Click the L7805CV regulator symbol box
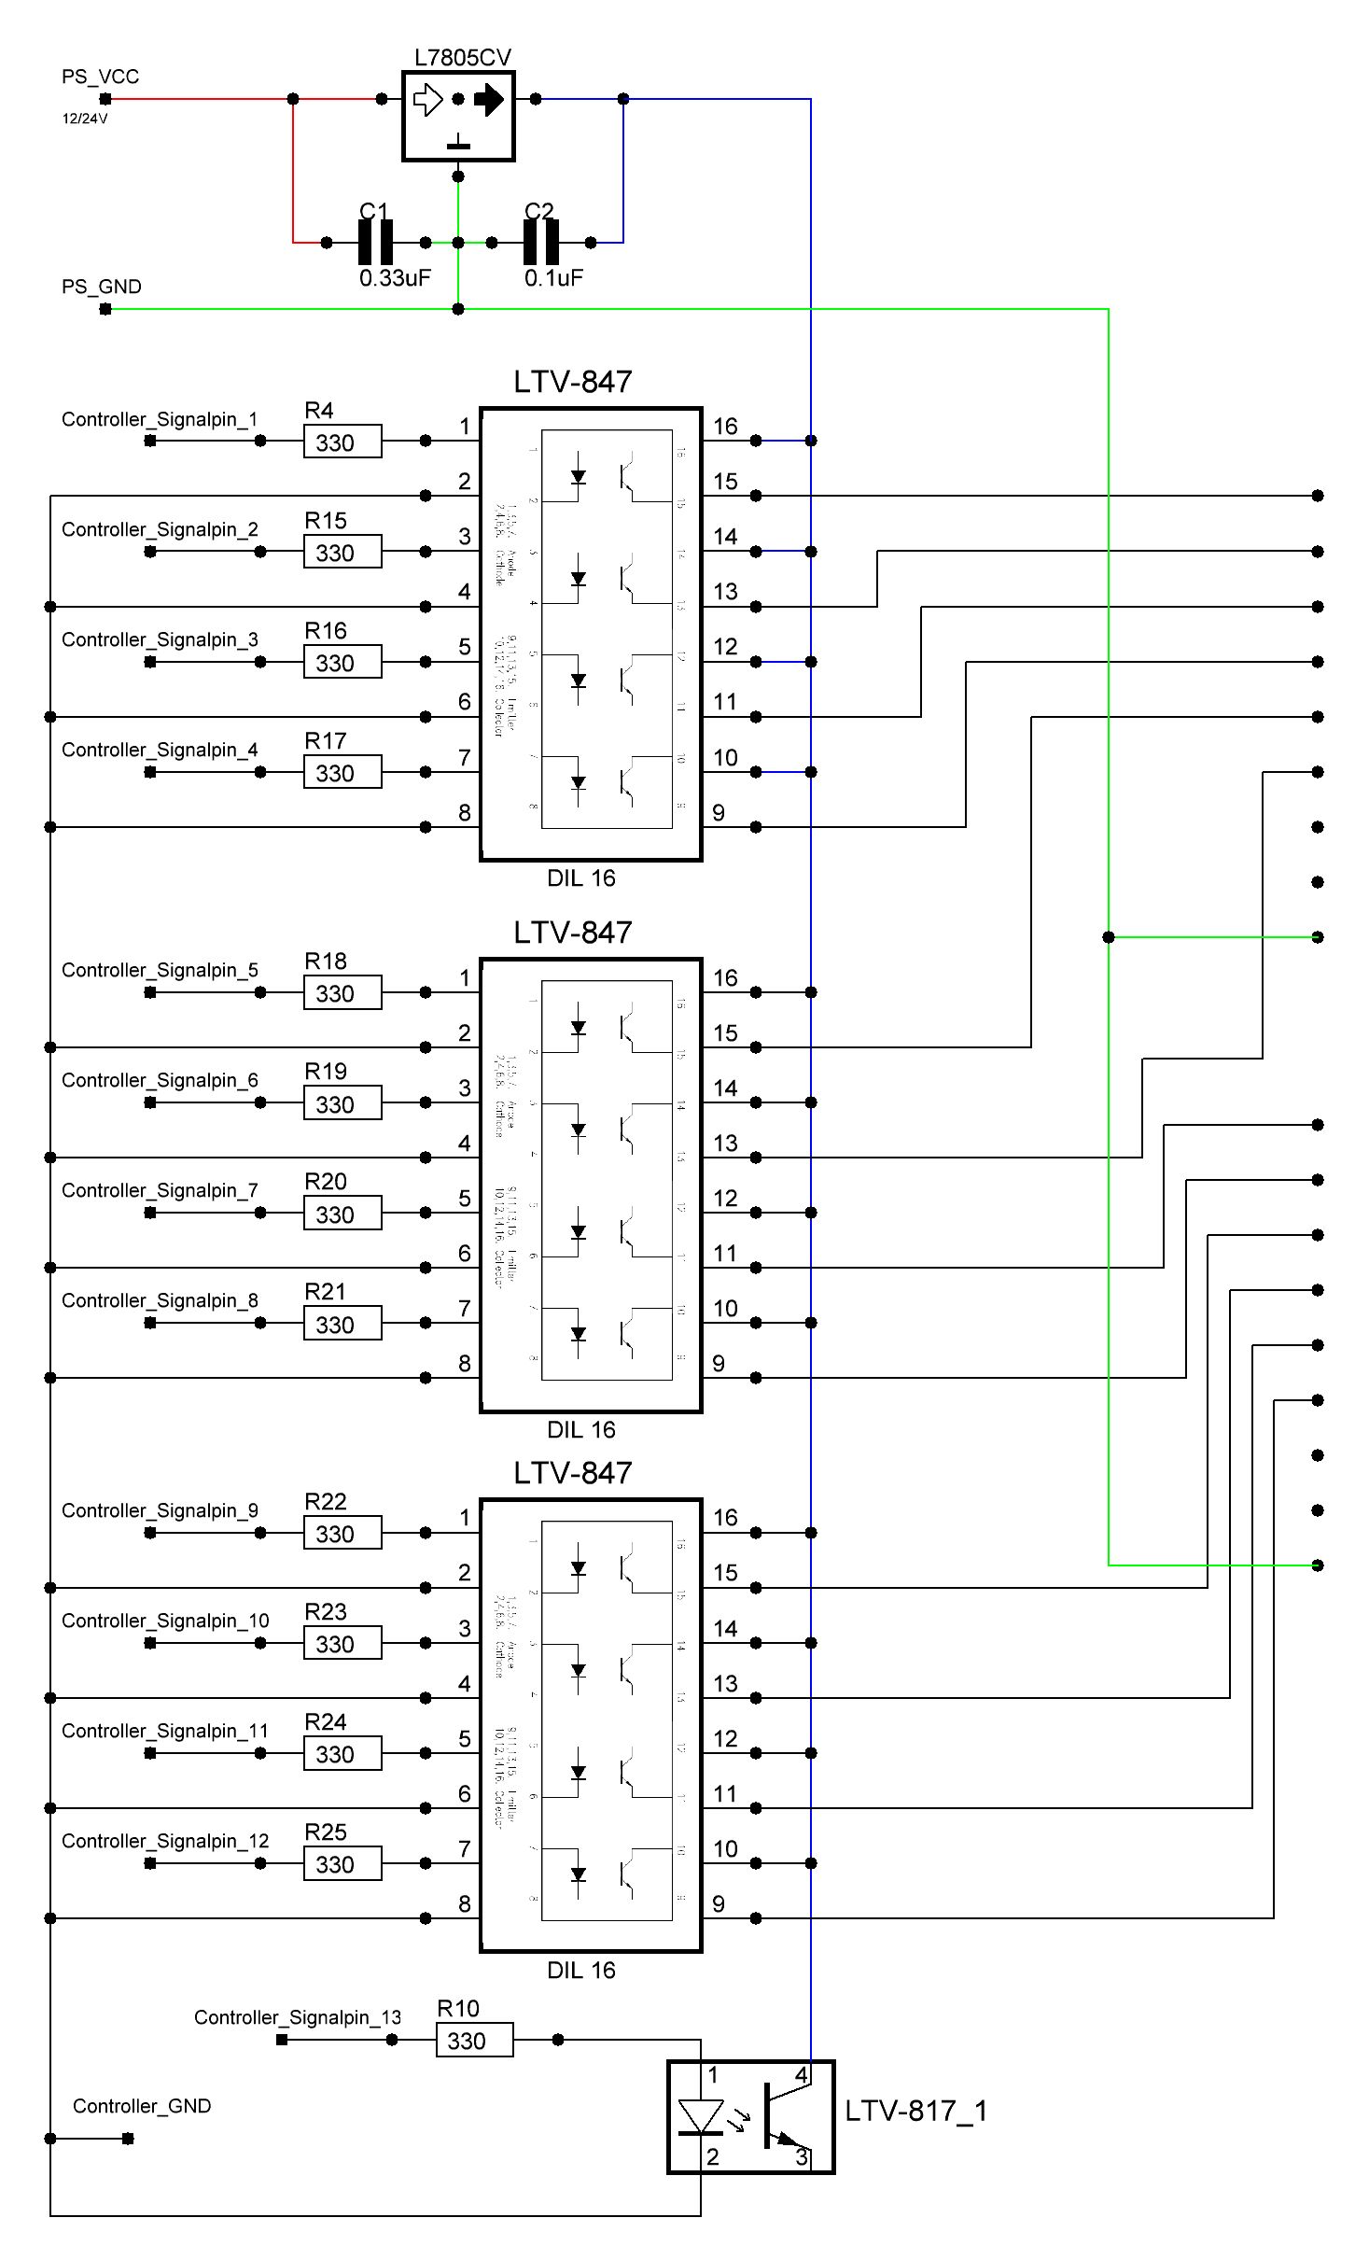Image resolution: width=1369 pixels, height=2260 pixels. tap(458, 116)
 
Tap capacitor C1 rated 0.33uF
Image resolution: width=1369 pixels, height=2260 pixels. tap(375, 243)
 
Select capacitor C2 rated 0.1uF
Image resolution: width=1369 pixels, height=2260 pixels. tap(540, 243)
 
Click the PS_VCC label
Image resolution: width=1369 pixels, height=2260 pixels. tap(100, 77)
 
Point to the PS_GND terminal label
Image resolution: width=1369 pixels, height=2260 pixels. tap(101, 287)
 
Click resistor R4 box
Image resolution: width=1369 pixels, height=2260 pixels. tap(342, 442)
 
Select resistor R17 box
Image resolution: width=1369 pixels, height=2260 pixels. tap(342, 773)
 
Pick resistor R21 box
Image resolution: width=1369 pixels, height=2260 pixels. tap(342, 1324)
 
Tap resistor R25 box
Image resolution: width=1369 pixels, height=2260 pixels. tap(342, 1864)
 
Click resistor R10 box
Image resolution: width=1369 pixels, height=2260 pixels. tap(474, 2041)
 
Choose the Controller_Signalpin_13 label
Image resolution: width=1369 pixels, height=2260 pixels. tap(297, 2017)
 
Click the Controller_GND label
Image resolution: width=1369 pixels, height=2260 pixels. tap(142, 2106)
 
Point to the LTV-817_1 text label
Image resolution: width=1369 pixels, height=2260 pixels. tap(915, 2112)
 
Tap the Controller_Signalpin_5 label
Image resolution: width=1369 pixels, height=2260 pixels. tap(160, 970)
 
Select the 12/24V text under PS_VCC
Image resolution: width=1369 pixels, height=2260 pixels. tap(85, 119)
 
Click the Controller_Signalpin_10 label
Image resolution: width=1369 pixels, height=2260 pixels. tap(165, 1621)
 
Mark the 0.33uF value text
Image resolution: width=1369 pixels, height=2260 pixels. tap(395, 278)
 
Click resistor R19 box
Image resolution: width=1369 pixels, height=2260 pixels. tap(342, 1103)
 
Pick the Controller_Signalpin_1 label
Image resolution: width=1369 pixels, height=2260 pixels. tap(160, 419)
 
